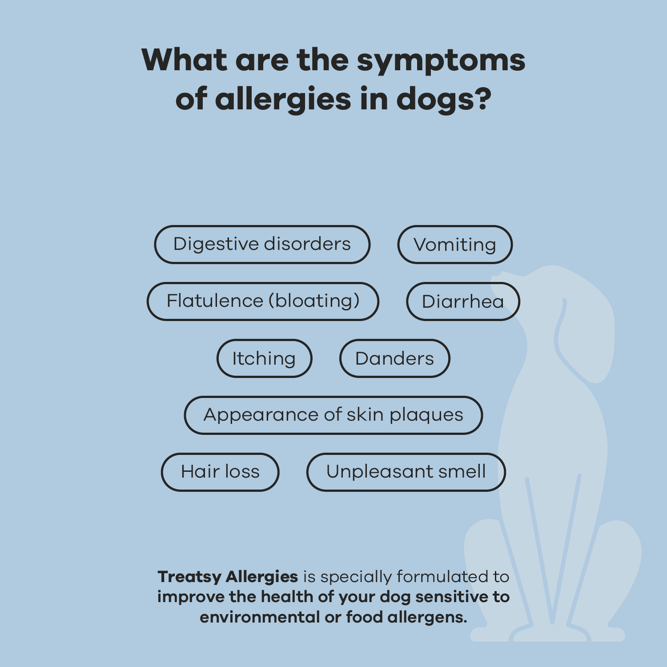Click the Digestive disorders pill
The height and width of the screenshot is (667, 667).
(262, 244)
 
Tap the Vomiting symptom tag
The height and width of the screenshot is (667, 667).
(455, 244)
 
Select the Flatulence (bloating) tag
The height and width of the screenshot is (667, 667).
(263, 301)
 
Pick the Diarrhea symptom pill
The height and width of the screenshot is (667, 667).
(463, 301)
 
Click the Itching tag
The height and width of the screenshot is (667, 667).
(264, 358)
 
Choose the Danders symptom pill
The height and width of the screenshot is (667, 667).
(395, 358)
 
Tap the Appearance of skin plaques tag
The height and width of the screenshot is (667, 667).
(333, 415)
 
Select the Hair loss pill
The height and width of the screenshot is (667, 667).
(220, 472)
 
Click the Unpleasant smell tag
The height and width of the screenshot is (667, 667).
(406, 472)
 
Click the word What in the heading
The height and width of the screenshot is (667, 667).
(184, 60)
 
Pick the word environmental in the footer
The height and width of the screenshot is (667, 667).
(259, 617)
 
